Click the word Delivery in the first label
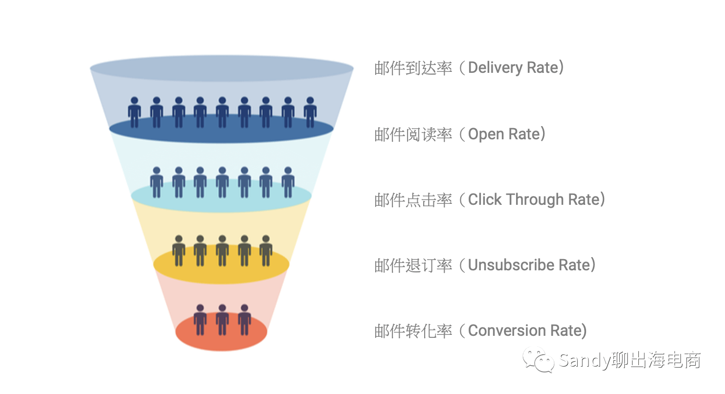[496, 67]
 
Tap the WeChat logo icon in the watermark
[539, 360]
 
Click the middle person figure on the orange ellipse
[222, 319]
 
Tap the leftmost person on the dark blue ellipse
[135, 112]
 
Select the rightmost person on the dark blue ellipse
[310, 112]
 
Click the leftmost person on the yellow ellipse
[179, 250]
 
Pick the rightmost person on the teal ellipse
[288, 182]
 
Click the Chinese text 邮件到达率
[413, 68]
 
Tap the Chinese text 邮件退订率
[413, 265]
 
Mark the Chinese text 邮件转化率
[413, 331]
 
